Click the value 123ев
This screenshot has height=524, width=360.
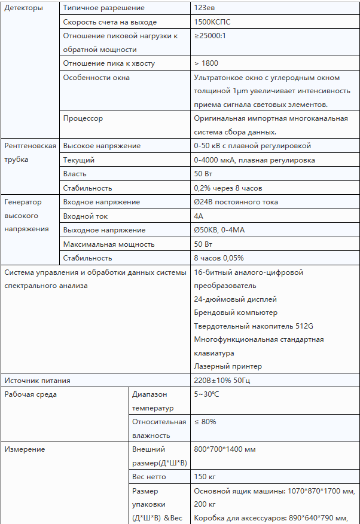pos(206,8)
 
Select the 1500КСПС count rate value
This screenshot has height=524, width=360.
pos(212,22)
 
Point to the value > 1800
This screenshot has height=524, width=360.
pos(206,63)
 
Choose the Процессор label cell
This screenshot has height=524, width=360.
pos(83,118)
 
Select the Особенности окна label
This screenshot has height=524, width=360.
pos(96,78)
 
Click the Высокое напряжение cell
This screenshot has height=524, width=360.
pos(102,146)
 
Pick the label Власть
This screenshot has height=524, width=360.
pos(75,174)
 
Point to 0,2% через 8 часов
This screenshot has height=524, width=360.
pos(228,188)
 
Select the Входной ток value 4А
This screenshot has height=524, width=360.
pos(199,216)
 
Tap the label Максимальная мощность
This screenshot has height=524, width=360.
pos(109,244)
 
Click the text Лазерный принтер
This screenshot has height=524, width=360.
pos(219,366)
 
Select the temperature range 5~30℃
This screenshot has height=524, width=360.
pos(207,394)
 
